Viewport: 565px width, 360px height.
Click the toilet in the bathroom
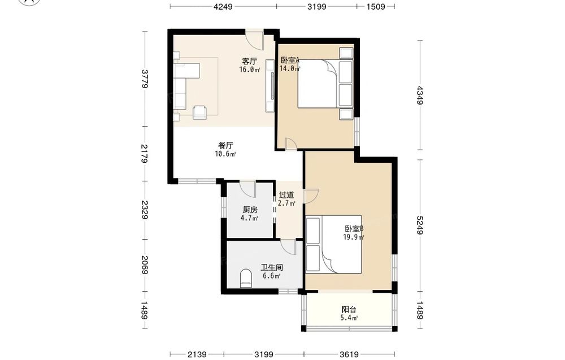pyautogui.click(x=246, y=278)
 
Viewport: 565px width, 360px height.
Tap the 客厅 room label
pyautogui.click(x=249, y=61)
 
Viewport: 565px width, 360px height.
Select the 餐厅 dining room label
pyautogui.click(x=225, y=146)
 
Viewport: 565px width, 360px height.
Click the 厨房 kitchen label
pyautogui.click(x=250, y=210)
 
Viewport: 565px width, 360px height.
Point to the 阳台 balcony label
pyautogui.click(x=349, y=310)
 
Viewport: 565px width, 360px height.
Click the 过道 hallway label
pyautogui.click(x=286, y=195)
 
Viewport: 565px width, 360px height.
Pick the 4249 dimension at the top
pyautogui.click(x=223, y=6)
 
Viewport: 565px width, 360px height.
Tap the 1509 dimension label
pyautogui.click(x=376, y=6)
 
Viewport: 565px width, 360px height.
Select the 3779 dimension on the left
pyautogui.click(x=145, y=79)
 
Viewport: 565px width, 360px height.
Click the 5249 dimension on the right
pyautogui.click(x=420, y=225)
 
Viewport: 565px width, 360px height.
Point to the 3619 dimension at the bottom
pyautogui.click(x=349, y=354)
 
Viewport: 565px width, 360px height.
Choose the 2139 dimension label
pyautogui.click(x=197, y=354)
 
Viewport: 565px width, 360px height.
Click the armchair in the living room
pyautogui.click(x=199, y=112)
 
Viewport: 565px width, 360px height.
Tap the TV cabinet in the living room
pyautogui.click(x=270, y=85)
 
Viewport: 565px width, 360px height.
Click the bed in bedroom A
pyautogui.click(x=325, y=84)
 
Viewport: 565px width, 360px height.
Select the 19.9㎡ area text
pyautogui.click(x=353, y=237)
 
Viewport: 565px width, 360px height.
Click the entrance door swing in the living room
pyautogui.click(x=255, y=40)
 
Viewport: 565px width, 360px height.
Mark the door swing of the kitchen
pyautogui.click(x=248, y=188)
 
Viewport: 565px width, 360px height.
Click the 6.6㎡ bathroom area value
pyautogui.click(x=271, y=276)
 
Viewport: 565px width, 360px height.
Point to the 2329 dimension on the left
pyautogui.click(x=145, y=210)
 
